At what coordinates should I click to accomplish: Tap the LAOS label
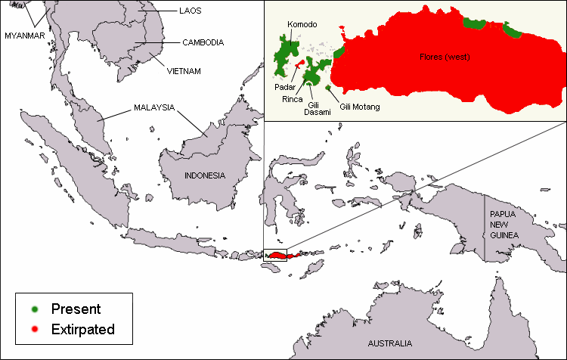(190, 11)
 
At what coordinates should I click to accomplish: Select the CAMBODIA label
(203, 43)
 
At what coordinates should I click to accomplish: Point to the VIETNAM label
(184, 71)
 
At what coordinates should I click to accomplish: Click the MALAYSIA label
(154, 107)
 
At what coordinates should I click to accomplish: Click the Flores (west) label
(445, 57)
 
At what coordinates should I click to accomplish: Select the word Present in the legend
(76, 309)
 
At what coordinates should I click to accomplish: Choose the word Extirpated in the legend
(83, 330)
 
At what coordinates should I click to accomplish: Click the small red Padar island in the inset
(300, 64)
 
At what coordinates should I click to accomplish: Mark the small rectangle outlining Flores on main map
(275, 255)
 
